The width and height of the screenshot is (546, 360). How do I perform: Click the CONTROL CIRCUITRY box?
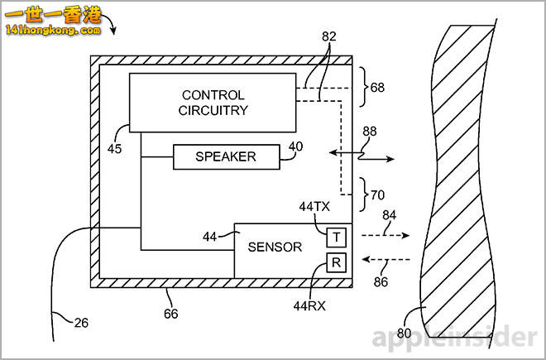(x=213, y=103)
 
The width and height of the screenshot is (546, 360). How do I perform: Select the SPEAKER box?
(x=226, y=156)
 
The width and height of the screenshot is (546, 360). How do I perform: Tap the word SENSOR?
(x=275, y=247)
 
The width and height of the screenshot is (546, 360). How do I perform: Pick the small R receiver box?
(x=337, y=264)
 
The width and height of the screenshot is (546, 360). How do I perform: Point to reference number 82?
(x=329, y=38)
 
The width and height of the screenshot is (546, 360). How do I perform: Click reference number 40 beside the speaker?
(x=295, y=146)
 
